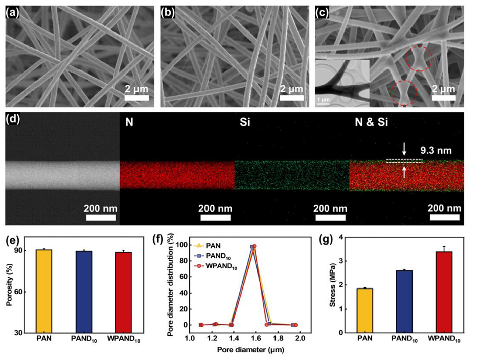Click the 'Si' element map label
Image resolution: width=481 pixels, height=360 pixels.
click(244, 121)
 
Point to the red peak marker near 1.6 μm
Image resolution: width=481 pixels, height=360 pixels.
click(254, 246)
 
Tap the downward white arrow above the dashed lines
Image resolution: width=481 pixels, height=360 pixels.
click(404, 149)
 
